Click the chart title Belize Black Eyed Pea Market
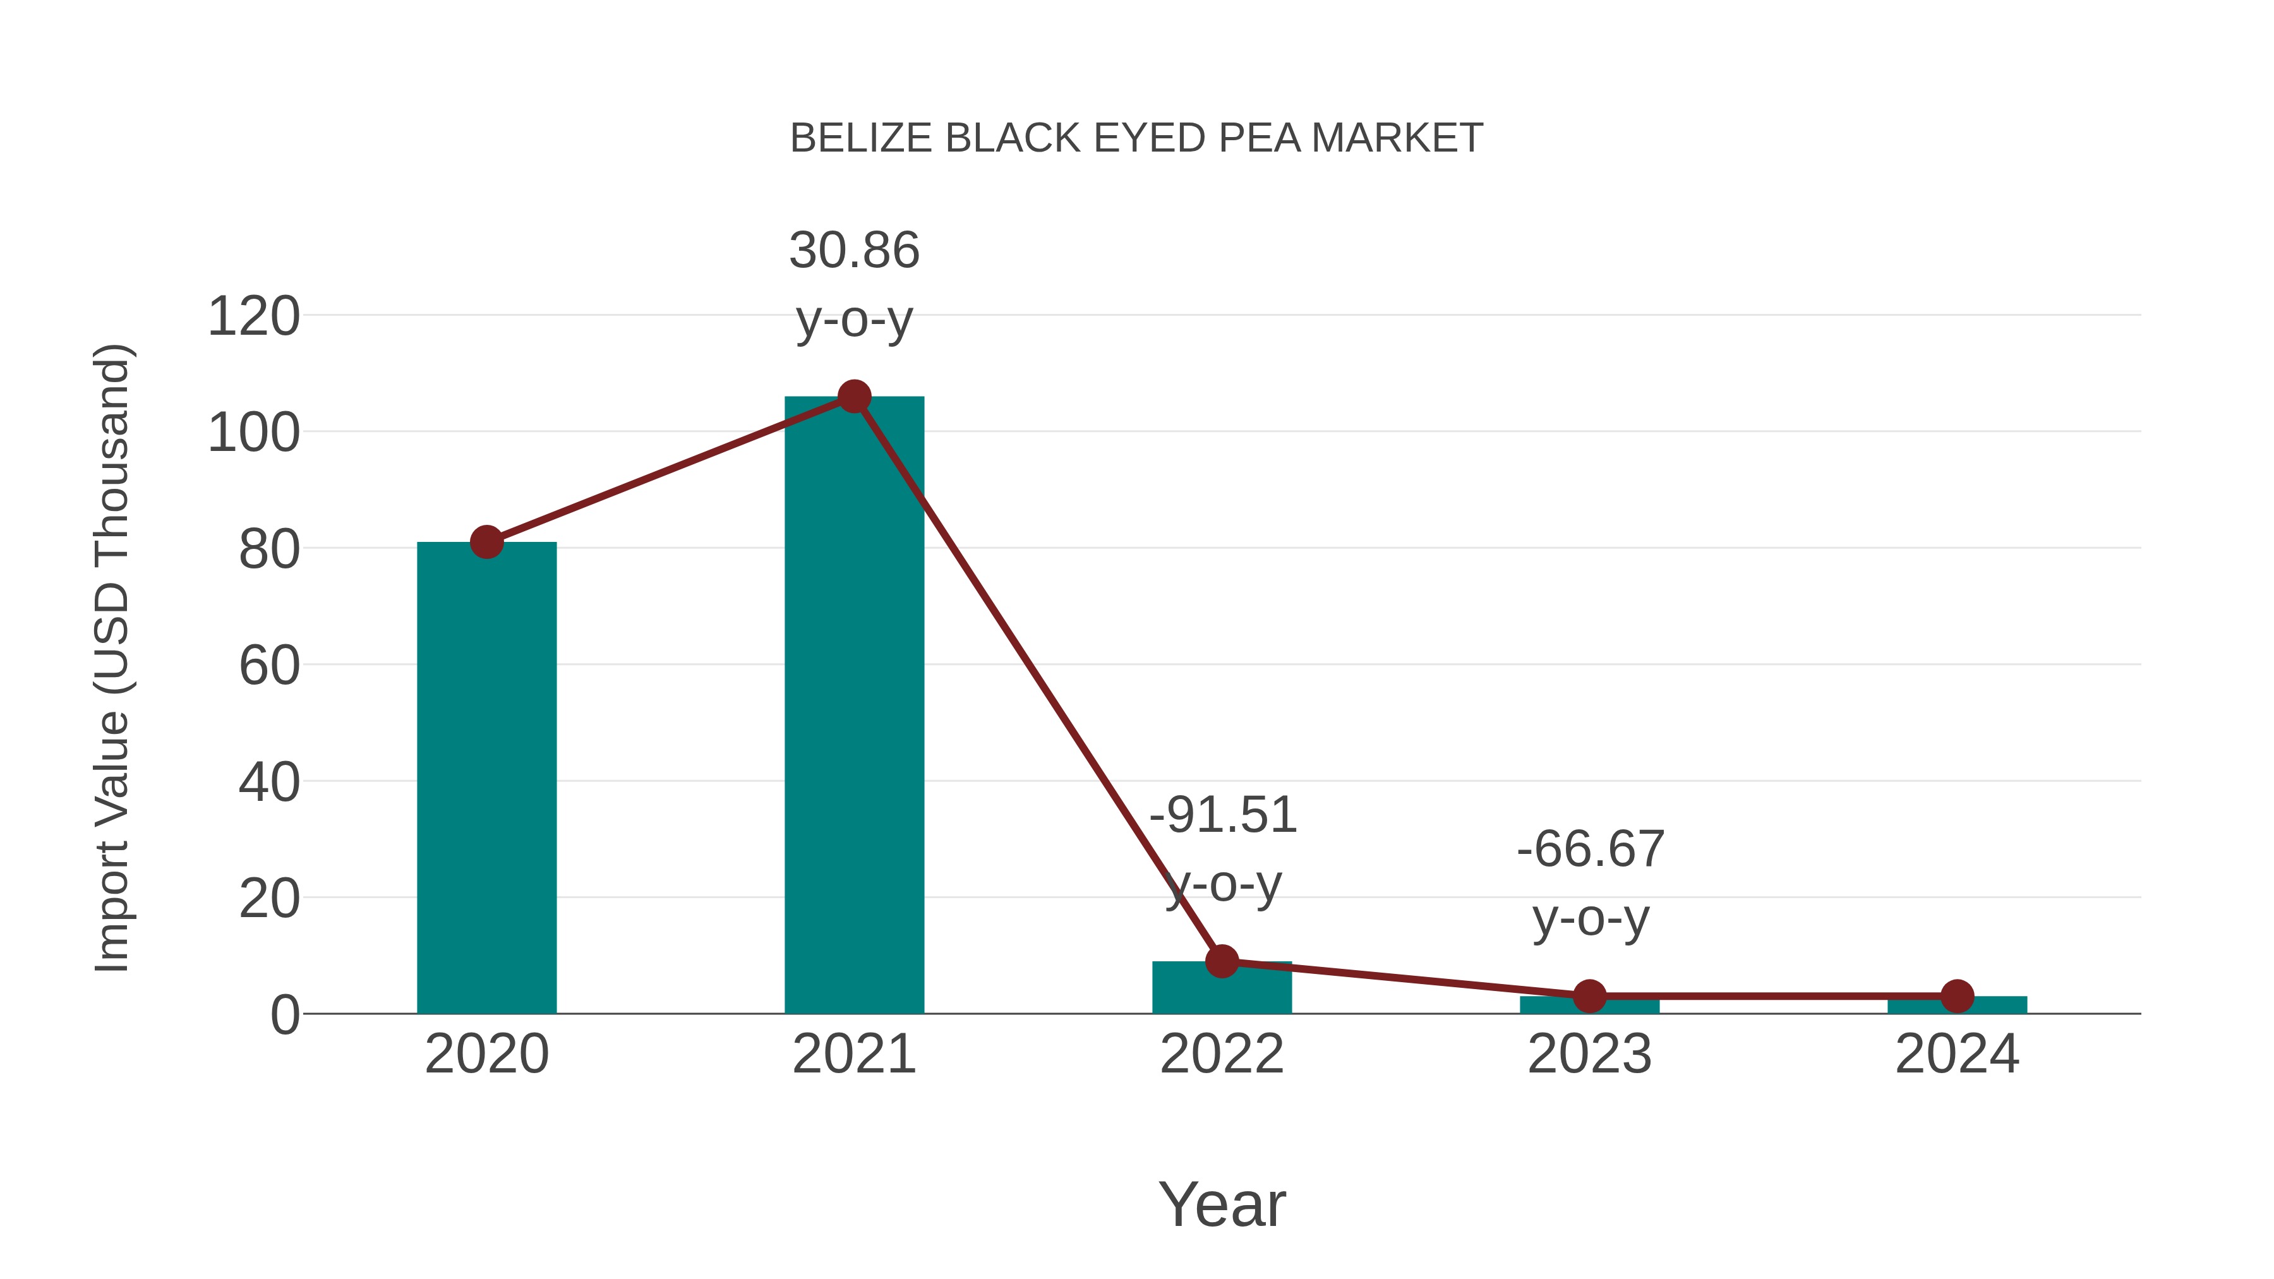click(x=1136, y=138)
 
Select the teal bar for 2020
click(x=486, y=777)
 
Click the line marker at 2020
click(x=486, y=542)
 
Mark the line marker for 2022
click(x=1222, y=961)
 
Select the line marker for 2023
click(x=1589, y=997)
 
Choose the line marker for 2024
click(x=1957, y=997)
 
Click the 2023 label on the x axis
click(x=1589, y=1054)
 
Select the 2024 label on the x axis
click(x=1957, y=1054)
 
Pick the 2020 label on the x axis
click(x=486, y=1054)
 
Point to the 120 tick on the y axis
click(x=253, y=317)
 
